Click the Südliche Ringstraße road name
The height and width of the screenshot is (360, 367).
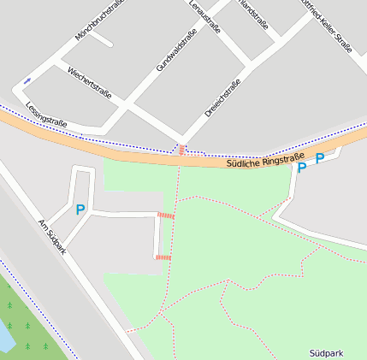[266, 157]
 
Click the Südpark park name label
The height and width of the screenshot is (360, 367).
[327, 352]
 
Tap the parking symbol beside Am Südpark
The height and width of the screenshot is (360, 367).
[80, 210]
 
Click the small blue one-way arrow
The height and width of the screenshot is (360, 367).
[27, 80]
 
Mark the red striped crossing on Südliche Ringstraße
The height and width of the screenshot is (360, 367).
[181, 150]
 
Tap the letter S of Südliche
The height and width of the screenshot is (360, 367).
[231, 164]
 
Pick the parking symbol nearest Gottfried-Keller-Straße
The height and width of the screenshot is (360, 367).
[320, 158]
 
